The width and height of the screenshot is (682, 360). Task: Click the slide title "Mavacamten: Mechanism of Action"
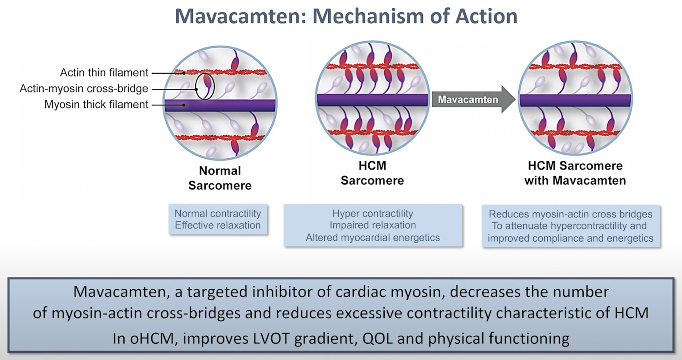[x=346, y=16]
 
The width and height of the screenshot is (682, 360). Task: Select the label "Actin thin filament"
[x=104, y=73]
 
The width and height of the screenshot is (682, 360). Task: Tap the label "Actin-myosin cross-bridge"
[x=84, y=88]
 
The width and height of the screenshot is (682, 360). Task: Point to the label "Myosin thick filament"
[x=96, y=104]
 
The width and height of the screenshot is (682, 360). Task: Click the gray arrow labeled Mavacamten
[x=474, y=99]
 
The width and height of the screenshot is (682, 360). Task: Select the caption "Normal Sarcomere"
[x=220, y=178]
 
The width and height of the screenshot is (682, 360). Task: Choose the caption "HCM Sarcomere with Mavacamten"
[x=575, y=173]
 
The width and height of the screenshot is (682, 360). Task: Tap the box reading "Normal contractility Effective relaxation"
[x=218, y=219]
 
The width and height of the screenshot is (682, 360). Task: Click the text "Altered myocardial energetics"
[x=373, y=237]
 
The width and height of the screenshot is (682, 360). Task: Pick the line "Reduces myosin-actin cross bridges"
[x=570, y=214]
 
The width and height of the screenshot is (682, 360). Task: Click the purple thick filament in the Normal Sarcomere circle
[x=220, y=105]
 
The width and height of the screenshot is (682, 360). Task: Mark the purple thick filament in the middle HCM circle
[x=372, y=100]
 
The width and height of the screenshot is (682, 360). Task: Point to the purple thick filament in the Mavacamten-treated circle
[x=575, y=100]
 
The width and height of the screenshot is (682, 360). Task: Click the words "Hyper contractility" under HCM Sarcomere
[x=373, y=214]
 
